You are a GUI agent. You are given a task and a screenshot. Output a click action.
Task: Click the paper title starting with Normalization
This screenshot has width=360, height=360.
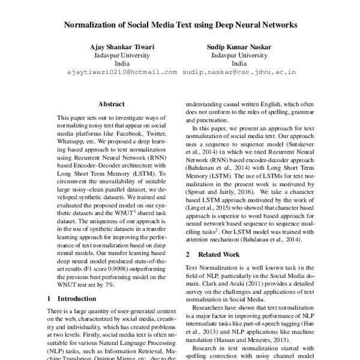pyautogui.click(x=180, y=26)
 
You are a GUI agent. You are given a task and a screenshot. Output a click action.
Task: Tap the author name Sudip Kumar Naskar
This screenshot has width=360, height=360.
pyautogui.click(x=239, y=46)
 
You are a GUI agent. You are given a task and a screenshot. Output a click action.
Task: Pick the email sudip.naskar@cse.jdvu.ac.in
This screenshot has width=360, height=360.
pyautogui.click(x=239, y=71)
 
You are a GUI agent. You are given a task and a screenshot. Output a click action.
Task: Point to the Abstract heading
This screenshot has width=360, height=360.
pyautogui.click(x=111, y=104)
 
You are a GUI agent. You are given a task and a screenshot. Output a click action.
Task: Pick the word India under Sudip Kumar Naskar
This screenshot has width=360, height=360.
pyautogui.click(x=239, y=63)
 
